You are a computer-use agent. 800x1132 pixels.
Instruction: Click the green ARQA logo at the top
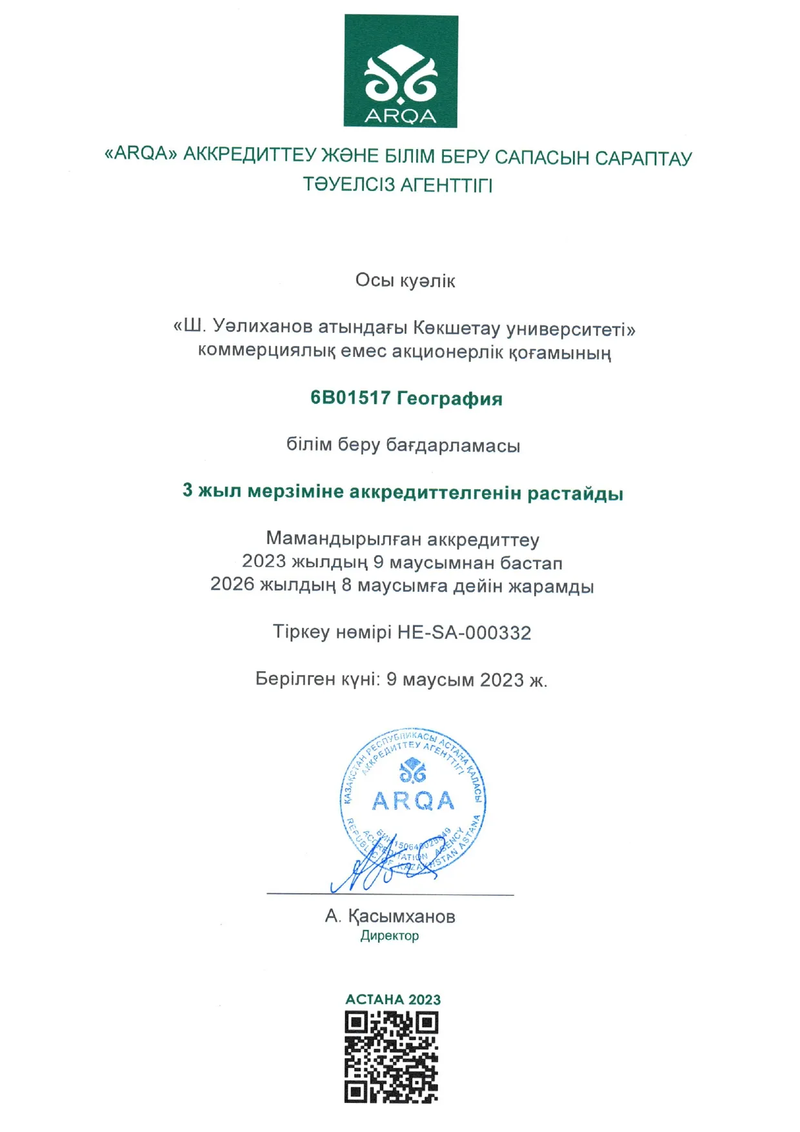point(401,71)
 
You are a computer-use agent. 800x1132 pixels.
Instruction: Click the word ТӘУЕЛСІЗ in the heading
point(348,185)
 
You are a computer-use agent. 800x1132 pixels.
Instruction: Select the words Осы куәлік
point(405,281)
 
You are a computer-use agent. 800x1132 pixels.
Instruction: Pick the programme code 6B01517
point(350,398)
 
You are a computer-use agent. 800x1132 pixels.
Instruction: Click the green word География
point(450,398)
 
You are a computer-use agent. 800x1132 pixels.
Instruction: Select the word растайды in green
point(575,494)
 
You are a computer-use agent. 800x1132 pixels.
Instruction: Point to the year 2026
point(232,585)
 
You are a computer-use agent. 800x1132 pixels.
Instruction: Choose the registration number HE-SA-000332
point(464,632)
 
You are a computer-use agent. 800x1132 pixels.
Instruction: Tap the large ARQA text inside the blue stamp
point(413,801)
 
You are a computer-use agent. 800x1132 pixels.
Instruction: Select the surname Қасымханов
point(402,916)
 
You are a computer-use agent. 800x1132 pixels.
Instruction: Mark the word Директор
point(390,936)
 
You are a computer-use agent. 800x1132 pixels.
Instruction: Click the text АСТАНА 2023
point(393,1000)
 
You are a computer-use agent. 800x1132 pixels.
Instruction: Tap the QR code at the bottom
point(392,1057)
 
